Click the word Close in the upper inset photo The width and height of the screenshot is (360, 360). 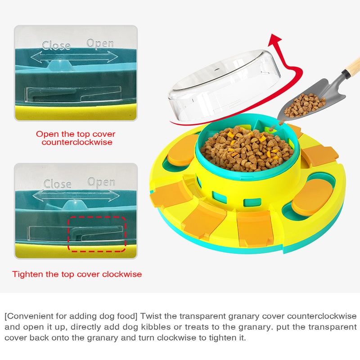[x=56, y=45]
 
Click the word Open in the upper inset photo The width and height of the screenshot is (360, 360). [x=100, y=44]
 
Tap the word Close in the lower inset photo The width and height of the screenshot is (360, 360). [x=58, y=184]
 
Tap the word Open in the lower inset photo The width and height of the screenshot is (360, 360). [x=101, y=182]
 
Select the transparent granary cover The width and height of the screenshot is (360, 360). [x=224, y=85]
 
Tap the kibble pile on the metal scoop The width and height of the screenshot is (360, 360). [x=304, y=105]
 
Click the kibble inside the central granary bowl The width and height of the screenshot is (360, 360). [x=247, y=149]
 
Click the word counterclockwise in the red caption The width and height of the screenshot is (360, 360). [x=77, y=142]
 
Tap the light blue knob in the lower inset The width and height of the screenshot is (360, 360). [x=75, y=205]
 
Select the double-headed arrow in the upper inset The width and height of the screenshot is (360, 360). [x=74, y=57]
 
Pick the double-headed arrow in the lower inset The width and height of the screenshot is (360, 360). [x=76, y=196]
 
